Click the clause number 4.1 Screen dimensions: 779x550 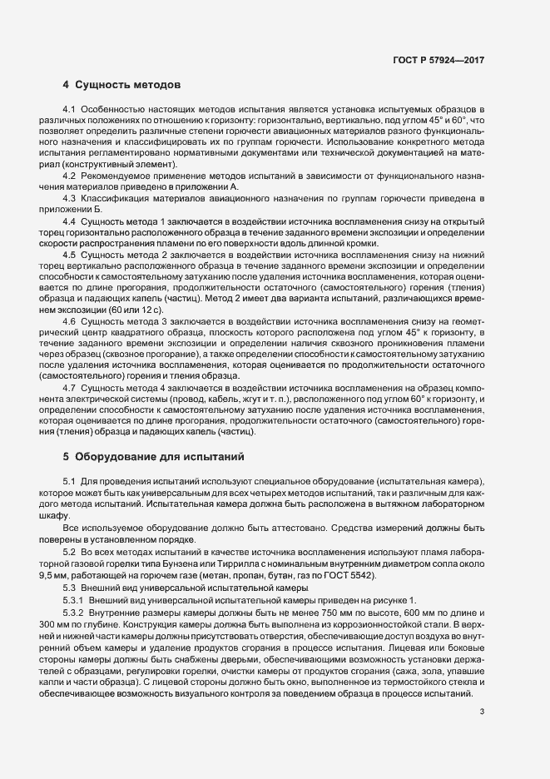pyautogui.click(x=70, y=110)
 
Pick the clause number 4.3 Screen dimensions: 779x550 pyautogui.click(x=70, y=197)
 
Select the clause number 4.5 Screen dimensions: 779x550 pyautogui.click(x=70, y=252)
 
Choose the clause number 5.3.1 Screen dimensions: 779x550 pyautogui.click(x=74, y=601)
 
